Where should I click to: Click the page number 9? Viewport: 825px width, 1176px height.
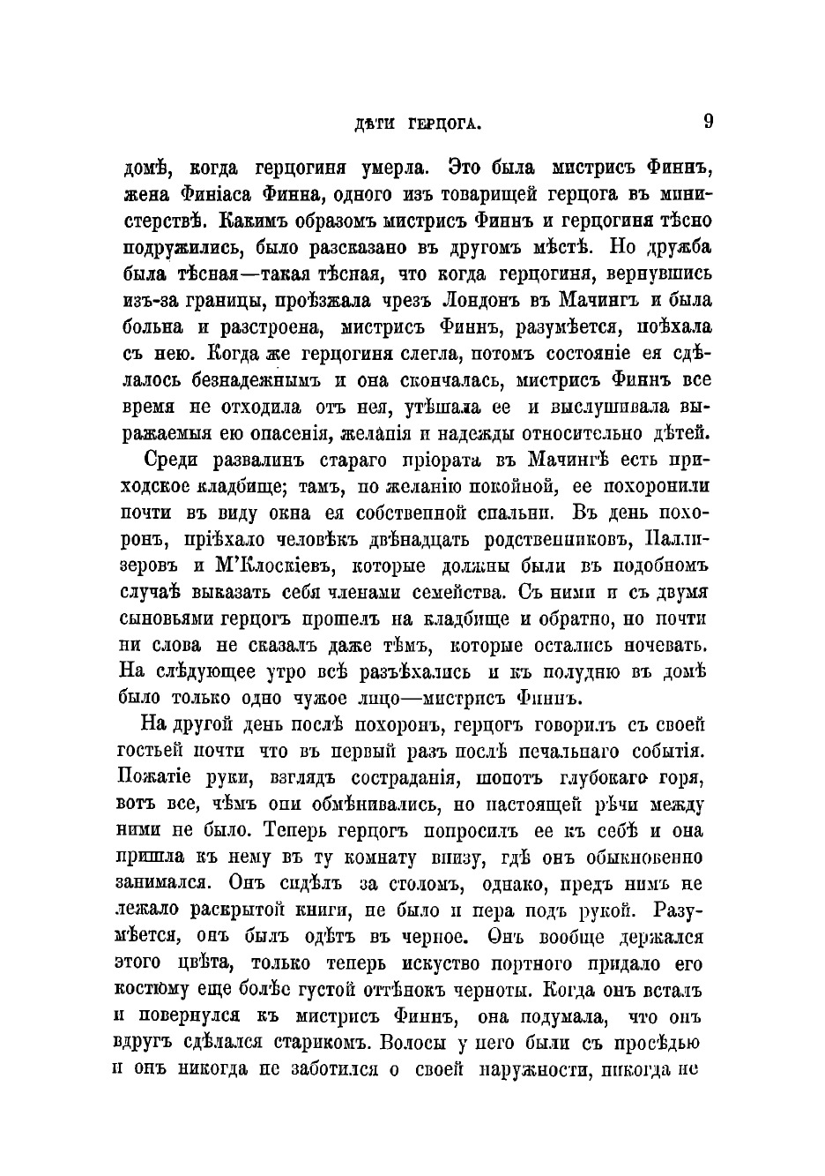[708, 122]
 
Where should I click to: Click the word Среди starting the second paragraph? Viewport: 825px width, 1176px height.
[170, 460]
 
